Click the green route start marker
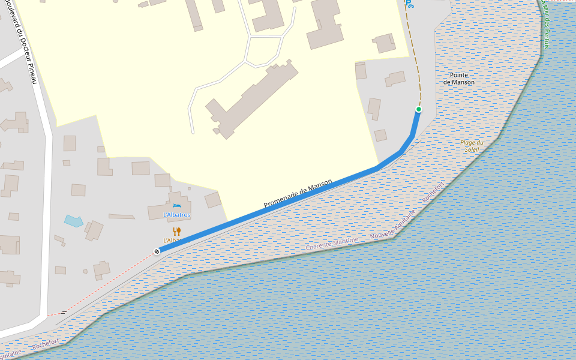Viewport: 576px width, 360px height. [418, 109]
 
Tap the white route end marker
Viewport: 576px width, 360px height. [157, 251]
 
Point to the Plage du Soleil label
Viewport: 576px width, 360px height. [472, 146]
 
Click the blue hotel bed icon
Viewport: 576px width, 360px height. [176, 206]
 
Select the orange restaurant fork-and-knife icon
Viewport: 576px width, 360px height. [177, 232]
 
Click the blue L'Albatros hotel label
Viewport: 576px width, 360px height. [177, 215]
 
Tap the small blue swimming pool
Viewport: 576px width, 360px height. [73, 221]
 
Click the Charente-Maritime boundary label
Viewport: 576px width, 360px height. [332, 244]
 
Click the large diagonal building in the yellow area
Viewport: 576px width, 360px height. [252, 99]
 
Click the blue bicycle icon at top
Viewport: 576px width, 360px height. [410, 4]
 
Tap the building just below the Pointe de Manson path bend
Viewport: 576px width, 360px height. [380, 135]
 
